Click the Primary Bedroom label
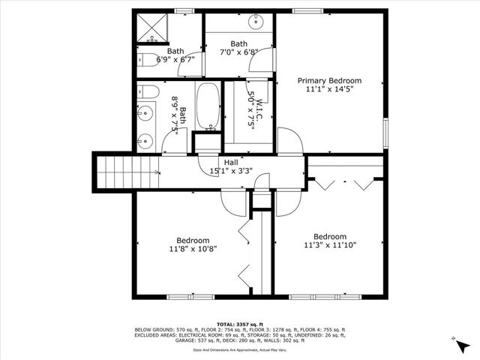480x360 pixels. tap(329, 80)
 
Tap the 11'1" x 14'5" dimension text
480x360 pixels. tap(329, 89)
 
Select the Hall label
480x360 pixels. tap(231, 162)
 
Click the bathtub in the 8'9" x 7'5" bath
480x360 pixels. tap(208, 106)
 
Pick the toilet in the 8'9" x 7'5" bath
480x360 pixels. tap(147, 92)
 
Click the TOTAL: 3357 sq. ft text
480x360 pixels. tap(239, 323)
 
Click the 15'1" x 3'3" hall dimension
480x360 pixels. tap(231, 171)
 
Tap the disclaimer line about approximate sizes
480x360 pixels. tap(239, 349)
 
